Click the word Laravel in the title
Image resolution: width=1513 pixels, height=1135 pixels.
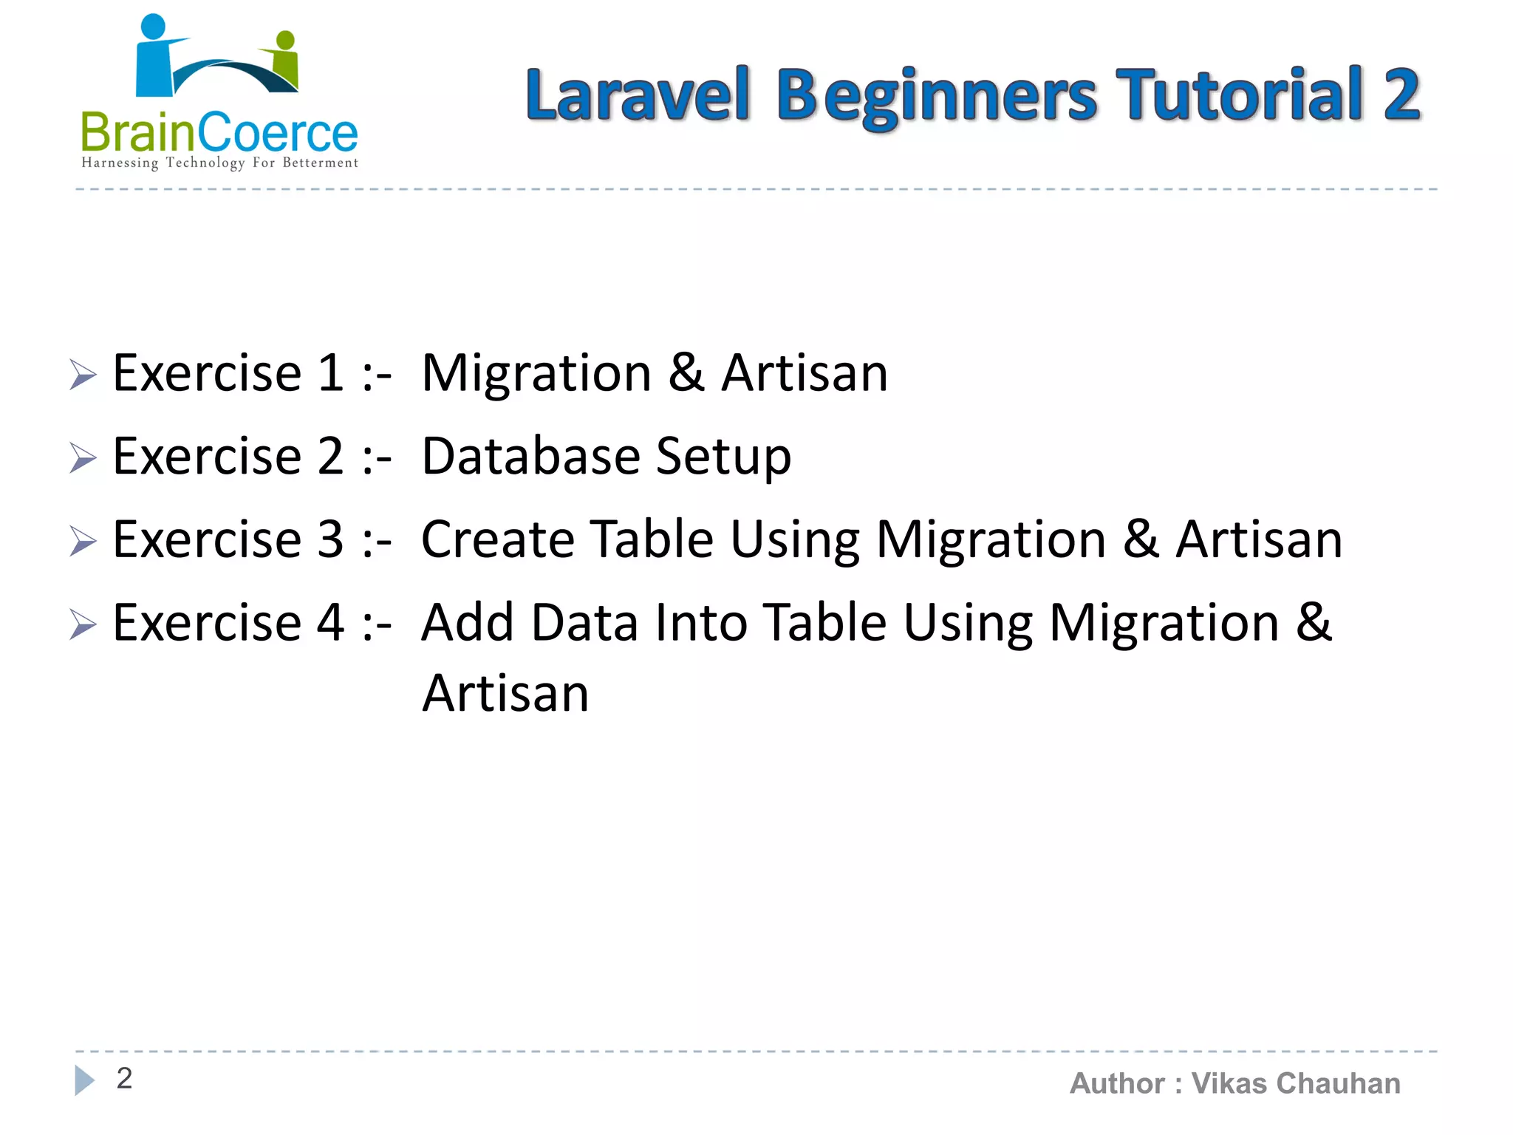(x=638, y=95)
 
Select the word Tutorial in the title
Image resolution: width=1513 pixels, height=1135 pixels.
(x=1239, y=94)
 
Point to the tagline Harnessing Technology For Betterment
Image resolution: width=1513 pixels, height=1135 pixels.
(x=219, y=163)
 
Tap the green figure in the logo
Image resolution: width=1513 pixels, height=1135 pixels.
(x=285, y=61)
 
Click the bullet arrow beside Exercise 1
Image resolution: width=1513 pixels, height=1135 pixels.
(x=83, y=374)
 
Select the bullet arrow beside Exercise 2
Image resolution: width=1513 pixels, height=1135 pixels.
(x=83, y=457)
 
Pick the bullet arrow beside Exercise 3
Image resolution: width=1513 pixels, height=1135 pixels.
(x=83, y=541)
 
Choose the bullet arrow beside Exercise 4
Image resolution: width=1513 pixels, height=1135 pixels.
(x=83, y=624)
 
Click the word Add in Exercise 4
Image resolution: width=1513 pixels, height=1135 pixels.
(x=467, y=622)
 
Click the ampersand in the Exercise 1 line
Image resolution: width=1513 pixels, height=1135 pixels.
(x=686, y=372)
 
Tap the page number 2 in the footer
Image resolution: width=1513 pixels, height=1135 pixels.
(x=124, y=1078)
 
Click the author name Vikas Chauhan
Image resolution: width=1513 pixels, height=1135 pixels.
(x=1296, y=1083)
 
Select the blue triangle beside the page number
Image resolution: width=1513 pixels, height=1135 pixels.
(x=84, y=1080)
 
